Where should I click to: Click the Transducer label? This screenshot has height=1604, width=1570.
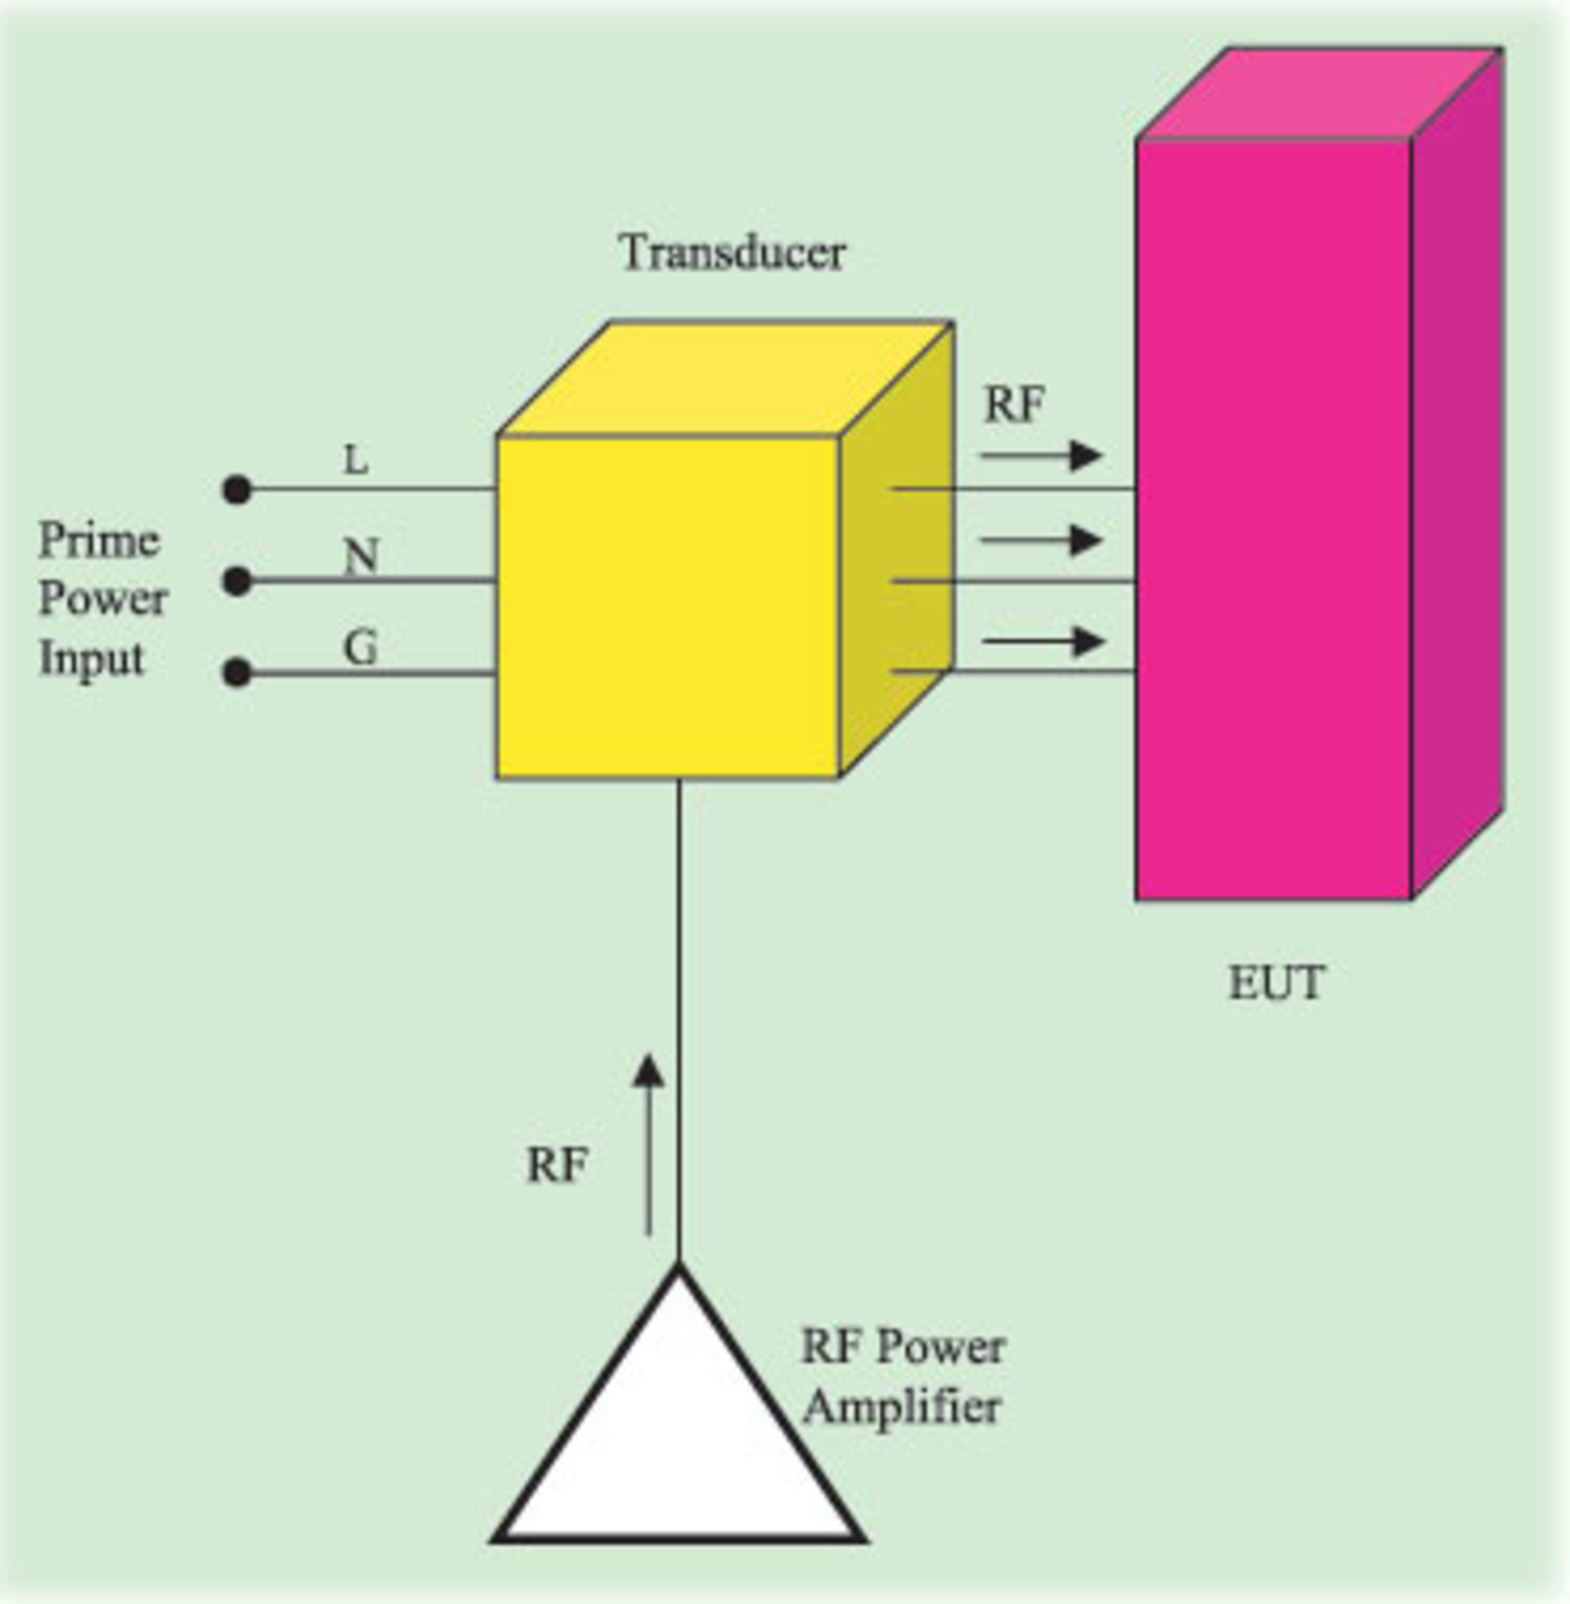pos(732,253)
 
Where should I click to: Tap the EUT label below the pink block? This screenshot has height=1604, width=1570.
pos(1276,983)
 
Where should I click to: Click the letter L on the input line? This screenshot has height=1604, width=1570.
pos(356,461)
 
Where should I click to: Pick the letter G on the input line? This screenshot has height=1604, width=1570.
pos(360,647)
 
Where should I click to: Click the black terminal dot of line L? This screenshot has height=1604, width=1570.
pos(236,490)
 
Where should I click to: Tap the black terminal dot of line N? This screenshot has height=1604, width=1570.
pos(236,582)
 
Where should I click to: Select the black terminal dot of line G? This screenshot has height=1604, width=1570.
pos(236,673)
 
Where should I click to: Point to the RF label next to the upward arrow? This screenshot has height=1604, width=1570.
pos(558,1166)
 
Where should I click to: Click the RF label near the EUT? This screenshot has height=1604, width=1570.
pos(1014,405)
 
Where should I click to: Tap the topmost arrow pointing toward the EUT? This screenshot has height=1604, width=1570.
pos(1041,456)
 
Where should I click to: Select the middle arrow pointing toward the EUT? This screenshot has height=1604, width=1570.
pos(1041,541)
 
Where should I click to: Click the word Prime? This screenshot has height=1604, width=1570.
pos(99,541)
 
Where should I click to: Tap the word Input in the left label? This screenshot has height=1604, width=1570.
pos(92,659)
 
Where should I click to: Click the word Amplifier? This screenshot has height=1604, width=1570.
pos(902,1408)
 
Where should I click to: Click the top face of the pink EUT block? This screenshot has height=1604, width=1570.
pos(1317,93)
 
